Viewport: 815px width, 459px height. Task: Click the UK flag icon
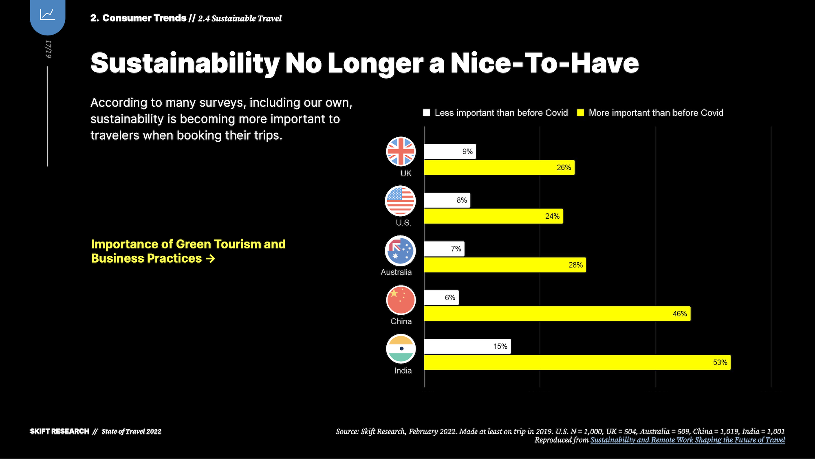[401, 152]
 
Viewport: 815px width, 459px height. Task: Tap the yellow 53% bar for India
[577, 362]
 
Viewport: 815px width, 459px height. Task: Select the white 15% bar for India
[467, 346]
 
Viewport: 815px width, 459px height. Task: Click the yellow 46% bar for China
[557, 314]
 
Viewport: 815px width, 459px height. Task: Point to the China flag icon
[401, 300]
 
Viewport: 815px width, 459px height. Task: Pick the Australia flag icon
[400, 251]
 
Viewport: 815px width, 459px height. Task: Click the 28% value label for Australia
[575, 265]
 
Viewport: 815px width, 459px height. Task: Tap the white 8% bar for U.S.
[447, 200]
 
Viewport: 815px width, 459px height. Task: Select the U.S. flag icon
[400, 201]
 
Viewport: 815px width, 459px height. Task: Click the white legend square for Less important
[427, 113]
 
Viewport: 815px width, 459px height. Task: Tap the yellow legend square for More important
[581, 113]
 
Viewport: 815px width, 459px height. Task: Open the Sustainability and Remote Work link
[687, 440]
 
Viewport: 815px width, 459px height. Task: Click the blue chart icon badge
[48, 15]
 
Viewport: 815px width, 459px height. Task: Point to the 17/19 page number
[48, 49]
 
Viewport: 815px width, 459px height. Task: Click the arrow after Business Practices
[211, 259]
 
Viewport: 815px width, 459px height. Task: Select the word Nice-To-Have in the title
[544, 63]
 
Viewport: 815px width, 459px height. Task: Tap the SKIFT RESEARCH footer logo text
[59, 431]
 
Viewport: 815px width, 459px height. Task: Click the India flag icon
[401, 349]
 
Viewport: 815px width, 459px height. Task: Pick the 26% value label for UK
[564, 168]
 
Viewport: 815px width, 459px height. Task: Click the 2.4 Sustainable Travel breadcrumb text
[240, 18]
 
